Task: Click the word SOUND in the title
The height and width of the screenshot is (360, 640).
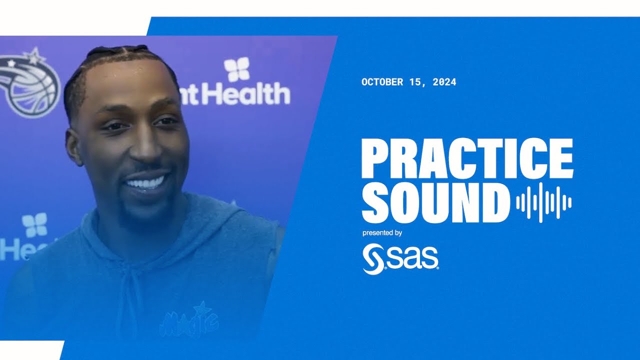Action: click(x=435, y=202)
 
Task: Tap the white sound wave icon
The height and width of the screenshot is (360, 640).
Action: click(x=544, y=202)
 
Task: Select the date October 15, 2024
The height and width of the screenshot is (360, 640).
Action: click(x=408, y=82)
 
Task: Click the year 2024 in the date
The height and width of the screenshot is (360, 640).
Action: click(x=444, y=82)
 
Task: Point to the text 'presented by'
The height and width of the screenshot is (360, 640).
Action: click(x=382, y=233)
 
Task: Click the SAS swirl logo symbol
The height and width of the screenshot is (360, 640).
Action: click(x=373, y=258)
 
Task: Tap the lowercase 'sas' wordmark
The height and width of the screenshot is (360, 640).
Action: click(x=412, y=259)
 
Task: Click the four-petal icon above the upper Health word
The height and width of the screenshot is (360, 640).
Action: click(x=236, y=69)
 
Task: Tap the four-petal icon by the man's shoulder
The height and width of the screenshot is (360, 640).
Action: click(x=34, y=224)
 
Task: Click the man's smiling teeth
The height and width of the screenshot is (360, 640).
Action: click(x=145, y=183)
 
